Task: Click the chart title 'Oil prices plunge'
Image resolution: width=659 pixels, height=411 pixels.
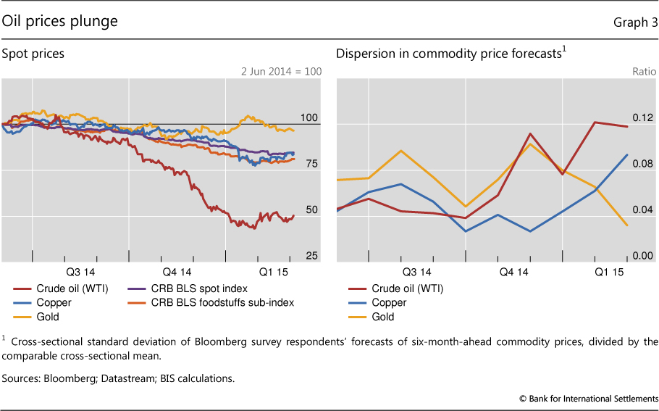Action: click(59, 22)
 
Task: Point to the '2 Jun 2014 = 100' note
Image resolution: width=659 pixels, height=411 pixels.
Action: click(282, 72)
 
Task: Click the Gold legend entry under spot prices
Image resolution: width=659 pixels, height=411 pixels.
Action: click(46, 317)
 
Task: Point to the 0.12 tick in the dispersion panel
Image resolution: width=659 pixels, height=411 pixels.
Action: click(643, 117)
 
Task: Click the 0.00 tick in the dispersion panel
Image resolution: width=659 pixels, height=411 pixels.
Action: click(643, 256)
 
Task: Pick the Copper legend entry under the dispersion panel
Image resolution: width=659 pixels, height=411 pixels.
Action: click(389, 302)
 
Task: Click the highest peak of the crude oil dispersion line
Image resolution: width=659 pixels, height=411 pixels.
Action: click(595, 122)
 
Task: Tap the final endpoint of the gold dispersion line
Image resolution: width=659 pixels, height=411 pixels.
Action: click(627, 225)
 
